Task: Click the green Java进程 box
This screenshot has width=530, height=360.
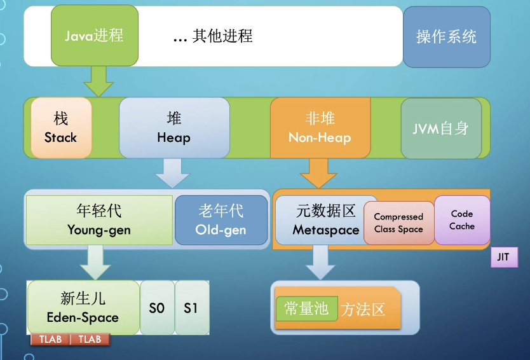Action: (94, 36)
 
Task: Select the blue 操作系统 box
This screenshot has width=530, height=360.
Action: (446, 36)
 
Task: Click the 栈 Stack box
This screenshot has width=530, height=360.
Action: (61, 127)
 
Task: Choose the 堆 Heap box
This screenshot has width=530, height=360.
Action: (173, 127)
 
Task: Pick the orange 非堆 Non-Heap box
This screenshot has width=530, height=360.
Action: (320, 127)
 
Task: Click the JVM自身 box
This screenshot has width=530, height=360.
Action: (441, 128)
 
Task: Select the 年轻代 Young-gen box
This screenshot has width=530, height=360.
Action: (99, 220)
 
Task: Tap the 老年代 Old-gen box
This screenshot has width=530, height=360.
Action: (221, 220)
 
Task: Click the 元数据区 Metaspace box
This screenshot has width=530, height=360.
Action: (320, 220)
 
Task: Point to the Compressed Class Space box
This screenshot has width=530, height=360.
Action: (398, 223)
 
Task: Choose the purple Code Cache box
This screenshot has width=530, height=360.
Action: (462, 219)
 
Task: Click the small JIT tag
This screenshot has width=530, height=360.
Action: (504, 258)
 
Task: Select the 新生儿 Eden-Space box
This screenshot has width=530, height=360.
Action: (83, 307)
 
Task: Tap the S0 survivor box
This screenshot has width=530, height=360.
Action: (157, 307)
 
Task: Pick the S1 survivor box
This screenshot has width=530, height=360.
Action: (191, 307)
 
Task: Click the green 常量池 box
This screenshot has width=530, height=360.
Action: (306, 308)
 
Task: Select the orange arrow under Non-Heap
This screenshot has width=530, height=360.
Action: (318, 172)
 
